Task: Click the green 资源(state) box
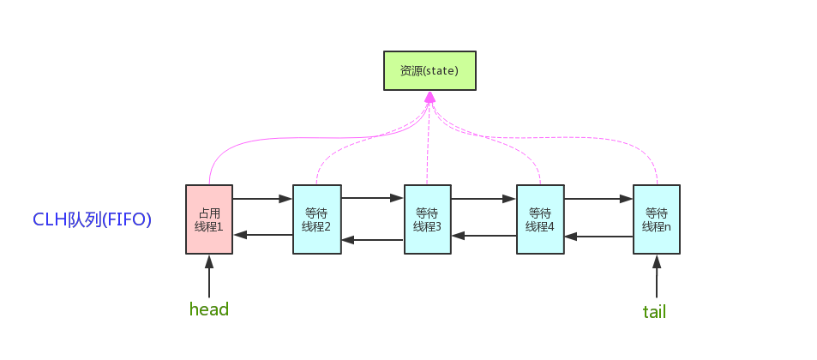tap(430, 70)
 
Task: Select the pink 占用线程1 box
tap(209, 219)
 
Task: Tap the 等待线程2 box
tap(316, 219)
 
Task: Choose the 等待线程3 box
tap(428, 219)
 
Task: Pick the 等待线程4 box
tap(540, 219)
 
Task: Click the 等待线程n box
tap(657, 219)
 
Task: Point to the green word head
tap(209, 309)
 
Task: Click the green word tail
tap(654, 311)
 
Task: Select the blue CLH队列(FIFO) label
tap(92, 219)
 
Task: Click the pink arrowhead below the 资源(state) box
tap(430, 98)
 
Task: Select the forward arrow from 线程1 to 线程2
tap(262, 199)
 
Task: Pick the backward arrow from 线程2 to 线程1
tap(262, 234)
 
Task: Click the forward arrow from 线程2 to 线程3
tap(372, 198)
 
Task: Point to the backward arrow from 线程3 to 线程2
tap(372, 240)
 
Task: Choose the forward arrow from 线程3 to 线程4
tap(484, 199)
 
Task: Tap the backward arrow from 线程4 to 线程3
tap(484, 234)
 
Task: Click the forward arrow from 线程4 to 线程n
tap(598, 199)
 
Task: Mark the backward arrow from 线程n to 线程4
tap(598, 236)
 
